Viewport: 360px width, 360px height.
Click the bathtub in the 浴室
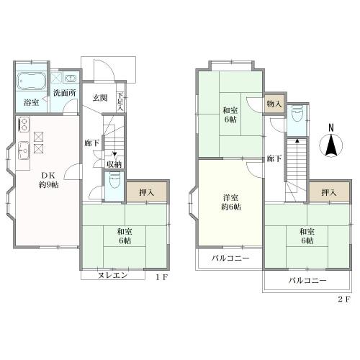[32, 81]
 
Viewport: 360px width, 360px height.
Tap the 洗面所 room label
[65, 93]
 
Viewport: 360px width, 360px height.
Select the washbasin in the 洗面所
[71, 78]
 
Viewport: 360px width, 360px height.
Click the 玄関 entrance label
[100, 98]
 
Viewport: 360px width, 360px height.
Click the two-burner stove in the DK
[24, 125]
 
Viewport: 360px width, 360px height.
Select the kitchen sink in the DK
[24, 150]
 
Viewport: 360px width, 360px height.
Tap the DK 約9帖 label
[49, 180]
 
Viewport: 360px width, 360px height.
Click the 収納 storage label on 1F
[114, 165]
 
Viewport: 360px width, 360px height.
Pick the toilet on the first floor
[114, 179]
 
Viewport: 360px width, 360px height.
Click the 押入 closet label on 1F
[147, 192]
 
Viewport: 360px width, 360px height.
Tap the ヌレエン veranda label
[112, 275]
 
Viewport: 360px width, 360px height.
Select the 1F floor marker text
[161, 278]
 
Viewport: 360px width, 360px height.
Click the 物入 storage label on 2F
[274, 104]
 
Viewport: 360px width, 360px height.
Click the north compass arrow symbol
[331, 145]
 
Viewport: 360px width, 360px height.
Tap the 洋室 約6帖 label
[231, 202]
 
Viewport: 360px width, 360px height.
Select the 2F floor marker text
[344, 300]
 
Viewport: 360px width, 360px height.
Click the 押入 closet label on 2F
[329, 192]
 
